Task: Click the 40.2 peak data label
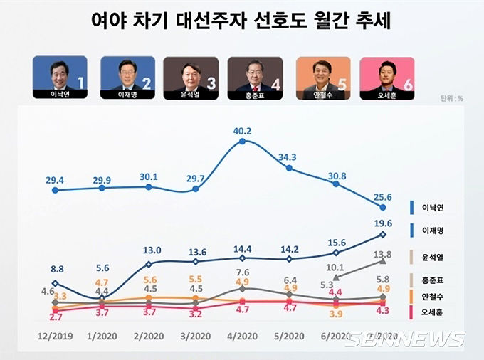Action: pos(243,130)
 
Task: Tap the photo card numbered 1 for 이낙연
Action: pos(60,78)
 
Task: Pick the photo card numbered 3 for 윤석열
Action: pos(191,78)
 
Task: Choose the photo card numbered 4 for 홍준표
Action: pos(257,78)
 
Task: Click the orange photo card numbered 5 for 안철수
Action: pos(323,78)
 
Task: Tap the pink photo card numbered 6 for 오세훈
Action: pos(389,78)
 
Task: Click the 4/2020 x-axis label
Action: pos(243,336)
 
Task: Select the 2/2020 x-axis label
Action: pos(149,336)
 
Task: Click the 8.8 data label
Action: pos(56,269)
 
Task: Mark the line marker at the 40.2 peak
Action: pos(243,142)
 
